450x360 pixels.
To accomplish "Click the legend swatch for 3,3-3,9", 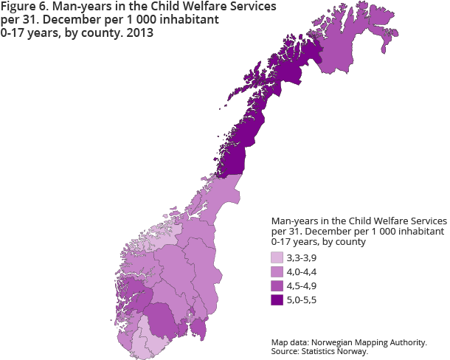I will (277, 257).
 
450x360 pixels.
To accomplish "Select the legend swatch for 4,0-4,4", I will (277, 271).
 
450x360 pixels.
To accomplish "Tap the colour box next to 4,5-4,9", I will (277, 285).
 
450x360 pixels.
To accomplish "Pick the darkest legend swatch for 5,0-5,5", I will (277, 300).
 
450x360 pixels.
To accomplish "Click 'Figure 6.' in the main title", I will (24, 7).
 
